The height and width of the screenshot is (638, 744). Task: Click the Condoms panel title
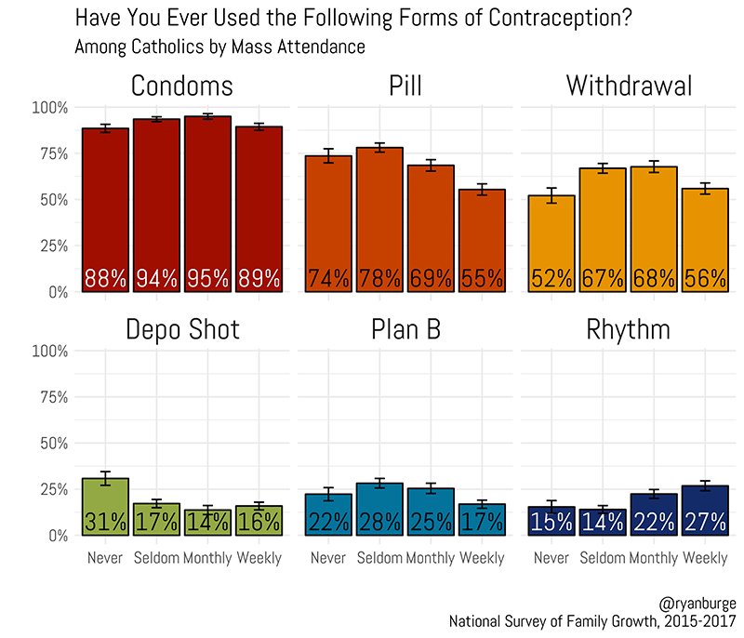(x=181, y=86)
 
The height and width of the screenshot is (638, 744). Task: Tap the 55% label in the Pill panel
(x=482, y=279)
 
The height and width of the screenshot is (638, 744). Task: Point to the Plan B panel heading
(x=405, y=330)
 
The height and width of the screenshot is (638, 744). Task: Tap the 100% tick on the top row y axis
(x=49, y=108)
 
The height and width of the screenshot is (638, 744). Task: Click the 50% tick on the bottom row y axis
(x=52, y=444)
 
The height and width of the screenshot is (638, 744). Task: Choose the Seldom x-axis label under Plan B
(x=379, y=558)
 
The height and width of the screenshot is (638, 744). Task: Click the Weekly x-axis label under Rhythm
(x=705, y=558)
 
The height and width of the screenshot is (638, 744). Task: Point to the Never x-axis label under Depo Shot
(x=105, y=558)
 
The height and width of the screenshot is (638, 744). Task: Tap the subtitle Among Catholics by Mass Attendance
(x=219, y=46)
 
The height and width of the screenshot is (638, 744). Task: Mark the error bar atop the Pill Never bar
(x=328, y=155)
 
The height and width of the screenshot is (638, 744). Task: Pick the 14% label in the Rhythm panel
(x=603, y=522)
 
